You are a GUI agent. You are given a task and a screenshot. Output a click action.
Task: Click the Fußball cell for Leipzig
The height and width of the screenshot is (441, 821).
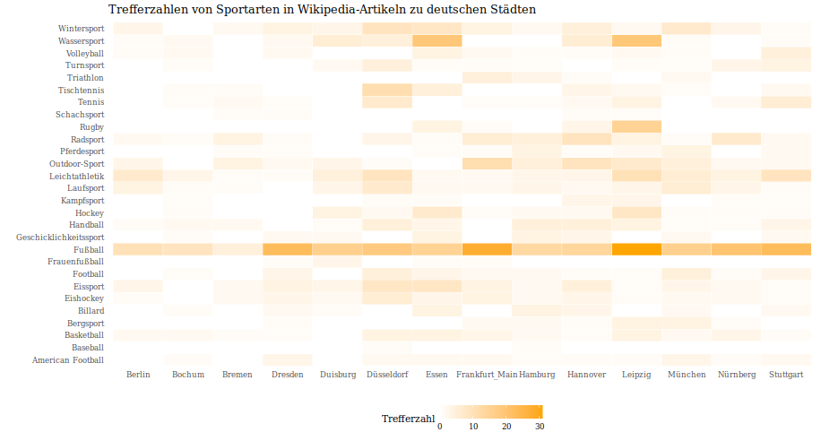tap(636, 249)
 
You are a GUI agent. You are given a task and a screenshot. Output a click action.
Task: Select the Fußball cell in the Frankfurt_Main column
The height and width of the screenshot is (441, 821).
tap(487, 249)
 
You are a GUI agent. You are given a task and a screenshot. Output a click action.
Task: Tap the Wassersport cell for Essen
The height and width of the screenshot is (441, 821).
tap(437, 41)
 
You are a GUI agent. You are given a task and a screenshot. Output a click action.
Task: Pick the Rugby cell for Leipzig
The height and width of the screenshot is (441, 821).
tap(636, 126)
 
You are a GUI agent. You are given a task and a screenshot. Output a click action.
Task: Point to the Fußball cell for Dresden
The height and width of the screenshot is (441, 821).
tap(287, 249)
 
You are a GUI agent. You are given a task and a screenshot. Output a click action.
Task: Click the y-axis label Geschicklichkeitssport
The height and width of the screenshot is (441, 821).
tap(60, 238)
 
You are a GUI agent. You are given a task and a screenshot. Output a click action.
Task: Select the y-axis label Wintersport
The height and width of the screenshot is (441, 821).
tap(80, 29)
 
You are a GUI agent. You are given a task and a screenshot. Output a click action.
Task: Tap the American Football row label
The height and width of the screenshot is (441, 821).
tap(68, 360)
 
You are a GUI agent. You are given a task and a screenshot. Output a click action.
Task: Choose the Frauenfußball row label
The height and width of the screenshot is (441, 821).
tap(76, 262)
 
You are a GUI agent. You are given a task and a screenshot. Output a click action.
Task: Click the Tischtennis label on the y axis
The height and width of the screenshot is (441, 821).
tap(81, 91)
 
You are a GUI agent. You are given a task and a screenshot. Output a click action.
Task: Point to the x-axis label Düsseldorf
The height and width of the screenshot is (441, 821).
tap(387, 375)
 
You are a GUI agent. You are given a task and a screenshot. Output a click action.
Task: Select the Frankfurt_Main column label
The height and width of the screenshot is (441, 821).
tap(487, 375)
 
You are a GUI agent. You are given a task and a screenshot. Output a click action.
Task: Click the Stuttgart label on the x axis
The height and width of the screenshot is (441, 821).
tap(786, 375)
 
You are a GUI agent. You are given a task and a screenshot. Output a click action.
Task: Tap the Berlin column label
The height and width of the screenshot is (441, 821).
tap(138, 375)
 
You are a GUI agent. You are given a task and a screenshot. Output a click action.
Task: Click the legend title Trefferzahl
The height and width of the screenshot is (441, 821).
tap(408, 419)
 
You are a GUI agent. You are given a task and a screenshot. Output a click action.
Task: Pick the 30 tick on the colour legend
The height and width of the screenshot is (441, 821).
tap(540, 427)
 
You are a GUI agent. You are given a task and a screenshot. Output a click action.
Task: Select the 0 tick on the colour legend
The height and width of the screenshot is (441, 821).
tap(439, 427)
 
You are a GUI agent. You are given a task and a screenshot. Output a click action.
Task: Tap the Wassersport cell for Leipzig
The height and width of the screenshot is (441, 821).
tap(636, 41)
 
